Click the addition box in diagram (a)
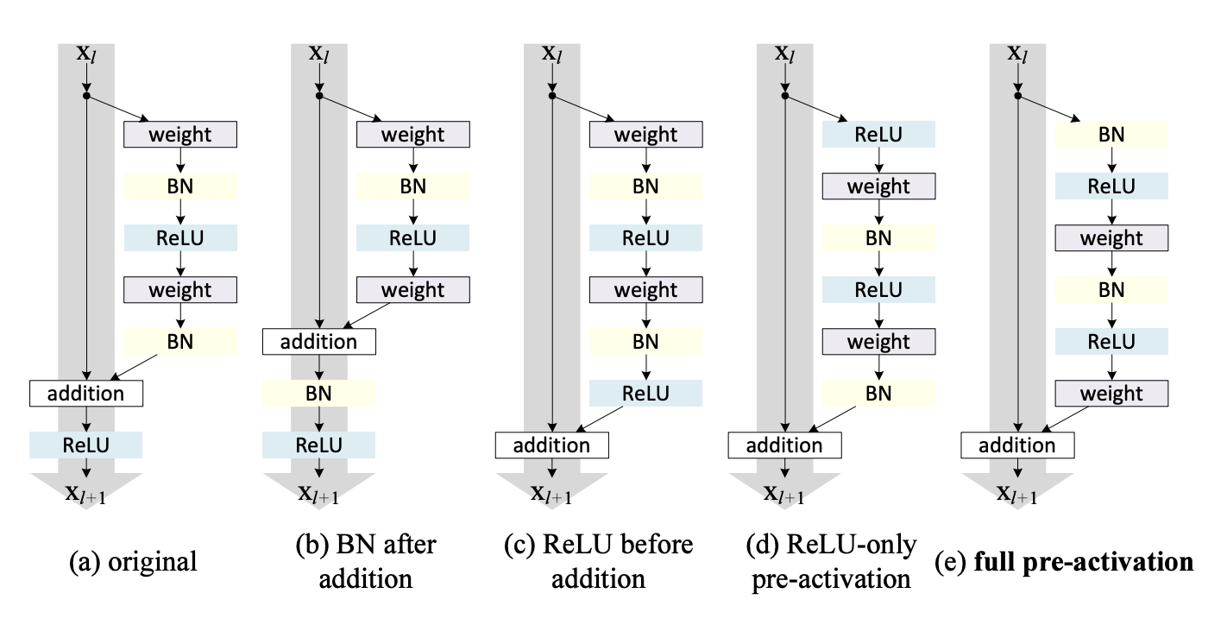(x=85, y=394)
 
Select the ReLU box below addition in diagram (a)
(x=85, y=445)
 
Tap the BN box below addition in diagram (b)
(x=319, y=394)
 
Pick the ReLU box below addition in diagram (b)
(x=319, y=445)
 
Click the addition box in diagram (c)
(x=551, y=445)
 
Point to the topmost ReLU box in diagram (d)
(x=878, y=134)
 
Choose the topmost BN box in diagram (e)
(x=1111, y=134)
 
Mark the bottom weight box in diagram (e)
(x=1111, y=394)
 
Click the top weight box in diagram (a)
(x=179, y=134)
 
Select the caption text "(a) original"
(x=133, y=562)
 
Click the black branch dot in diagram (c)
(x=552, y=96)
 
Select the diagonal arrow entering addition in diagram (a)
(x=148, y=366)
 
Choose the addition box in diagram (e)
(x=1017, y=445)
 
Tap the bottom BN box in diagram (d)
(x=878, y=394)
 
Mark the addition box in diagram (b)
(x=319, y=341)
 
